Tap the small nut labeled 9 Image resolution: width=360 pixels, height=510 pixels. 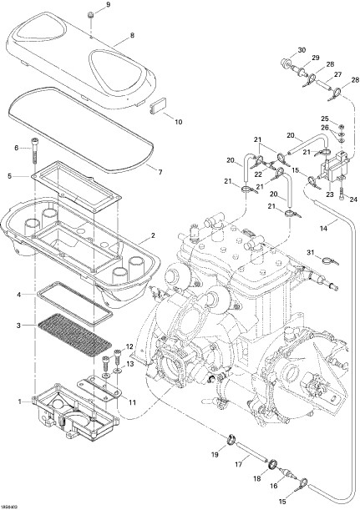[x=90, y=15]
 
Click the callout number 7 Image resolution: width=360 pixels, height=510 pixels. [x=160, y=172]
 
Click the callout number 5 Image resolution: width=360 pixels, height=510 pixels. [x=10, y=176]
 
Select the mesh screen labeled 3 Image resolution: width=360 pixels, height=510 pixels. [x=75, y=336]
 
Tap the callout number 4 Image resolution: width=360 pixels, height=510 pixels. [x=19, y=295]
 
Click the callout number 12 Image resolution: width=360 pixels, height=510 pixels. [x=129, y=346]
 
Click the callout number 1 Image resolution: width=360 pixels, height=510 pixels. [x=20, y=401]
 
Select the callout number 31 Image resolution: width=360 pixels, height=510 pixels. [x=311, y=252]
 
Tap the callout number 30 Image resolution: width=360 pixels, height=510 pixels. [x=302, y=50]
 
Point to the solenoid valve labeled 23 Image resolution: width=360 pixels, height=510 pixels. [x=332, y=168]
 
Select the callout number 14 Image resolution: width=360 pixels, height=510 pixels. [x=323, y=229]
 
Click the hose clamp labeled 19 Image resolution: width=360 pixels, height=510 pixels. [x=231, y=440]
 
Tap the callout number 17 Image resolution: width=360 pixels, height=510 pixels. [x=239, y=464]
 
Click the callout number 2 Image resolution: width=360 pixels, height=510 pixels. [x=153, y=235]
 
